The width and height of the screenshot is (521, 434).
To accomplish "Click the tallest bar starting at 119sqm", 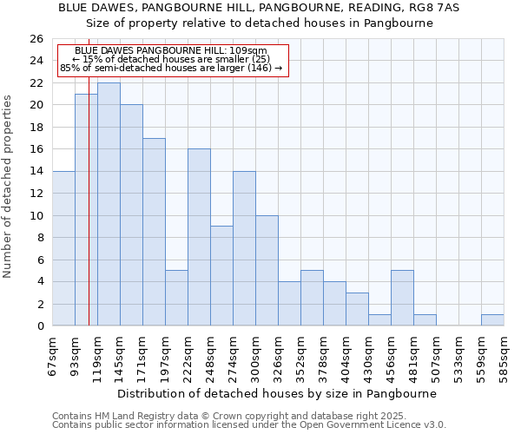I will tap(109, 204).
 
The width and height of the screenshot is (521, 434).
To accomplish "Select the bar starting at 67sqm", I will tap(63, 248).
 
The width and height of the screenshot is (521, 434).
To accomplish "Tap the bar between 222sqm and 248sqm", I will tap(199, 237).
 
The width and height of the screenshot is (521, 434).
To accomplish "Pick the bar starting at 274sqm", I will tap(244, 248).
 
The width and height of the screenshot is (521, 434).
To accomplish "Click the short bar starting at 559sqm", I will tap(492, 320).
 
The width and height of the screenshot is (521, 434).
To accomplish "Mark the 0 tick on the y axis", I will tap(39, 326).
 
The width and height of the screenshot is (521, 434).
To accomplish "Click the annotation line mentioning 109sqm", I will tap(171, 51).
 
